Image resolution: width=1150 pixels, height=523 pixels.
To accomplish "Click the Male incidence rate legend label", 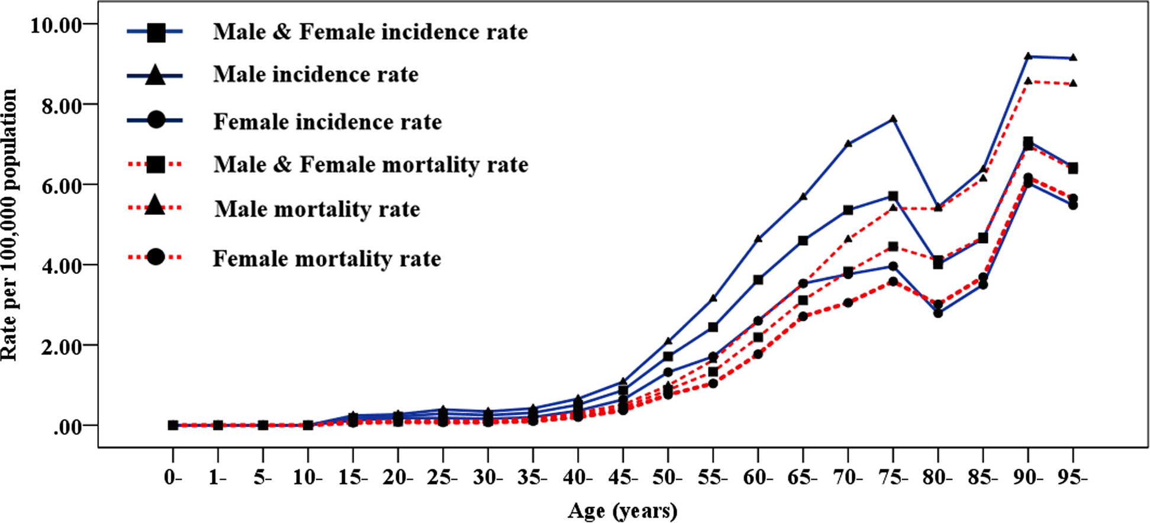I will [x=315, y=75].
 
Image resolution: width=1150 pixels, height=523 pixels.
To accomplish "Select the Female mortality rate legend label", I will [x=327, y=259].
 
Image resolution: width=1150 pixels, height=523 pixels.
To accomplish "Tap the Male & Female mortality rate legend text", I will [x=371, y=165].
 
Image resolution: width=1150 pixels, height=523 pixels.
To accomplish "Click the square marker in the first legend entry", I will [x=156, y=32].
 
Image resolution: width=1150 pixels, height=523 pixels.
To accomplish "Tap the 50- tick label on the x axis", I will [x=668, y=478].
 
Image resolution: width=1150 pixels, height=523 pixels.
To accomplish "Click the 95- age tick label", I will [x=1072, y=478].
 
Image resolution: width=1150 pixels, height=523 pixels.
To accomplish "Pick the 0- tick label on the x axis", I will [x=173, y=478].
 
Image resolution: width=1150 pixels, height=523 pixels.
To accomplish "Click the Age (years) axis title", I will [x=622, y=511].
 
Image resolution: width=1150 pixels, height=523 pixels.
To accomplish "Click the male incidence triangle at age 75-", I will [x=893, y=119].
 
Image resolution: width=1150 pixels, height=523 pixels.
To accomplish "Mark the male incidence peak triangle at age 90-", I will [x=1027, y=56].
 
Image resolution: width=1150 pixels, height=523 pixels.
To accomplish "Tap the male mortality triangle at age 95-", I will [x=1072, y=83].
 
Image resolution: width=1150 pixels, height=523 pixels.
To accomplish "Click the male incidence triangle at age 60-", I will [x=758, y=238].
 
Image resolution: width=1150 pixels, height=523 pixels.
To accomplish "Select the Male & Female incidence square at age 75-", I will [x=893, y=196].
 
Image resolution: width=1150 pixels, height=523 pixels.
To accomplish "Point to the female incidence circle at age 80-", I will [x=938, y=313].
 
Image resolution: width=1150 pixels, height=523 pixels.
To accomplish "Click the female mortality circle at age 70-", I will [x=848, y=302].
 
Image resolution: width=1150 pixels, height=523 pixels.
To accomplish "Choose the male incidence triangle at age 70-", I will [x=848, y=143].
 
